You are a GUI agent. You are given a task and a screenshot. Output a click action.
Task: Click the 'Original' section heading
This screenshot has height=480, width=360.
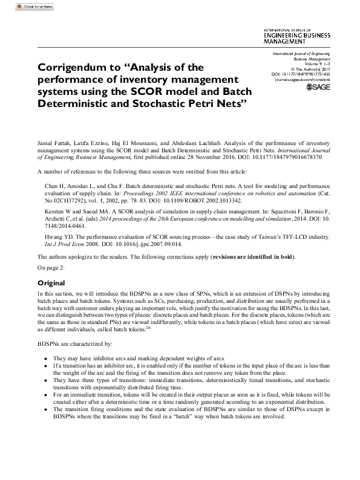(51, 283)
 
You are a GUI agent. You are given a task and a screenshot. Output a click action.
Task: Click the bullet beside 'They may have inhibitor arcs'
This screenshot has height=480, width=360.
(46, 357)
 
